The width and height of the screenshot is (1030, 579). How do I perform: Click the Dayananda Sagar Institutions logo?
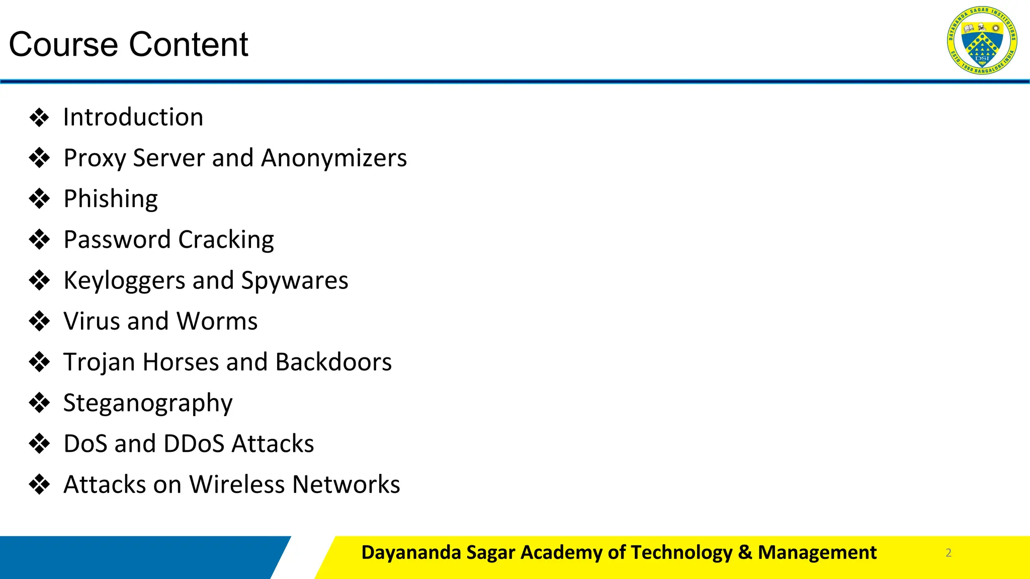tap(982, 40)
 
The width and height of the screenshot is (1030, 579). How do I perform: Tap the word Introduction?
tap(133, 117)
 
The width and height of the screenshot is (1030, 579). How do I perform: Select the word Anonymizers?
tap(334, 158)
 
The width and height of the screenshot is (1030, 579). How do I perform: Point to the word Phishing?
tap(111, 199)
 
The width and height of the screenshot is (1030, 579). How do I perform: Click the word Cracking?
tap(226, 240)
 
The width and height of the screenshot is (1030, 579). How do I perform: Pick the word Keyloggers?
tap(124, 280)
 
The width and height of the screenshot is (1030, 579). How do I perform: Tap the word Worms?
tap(217, 321)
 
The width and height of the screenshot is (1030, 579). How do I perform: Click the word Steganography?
tap(148, 403)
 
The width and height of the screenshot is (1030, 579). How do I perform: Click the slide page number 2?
tap(949, 553)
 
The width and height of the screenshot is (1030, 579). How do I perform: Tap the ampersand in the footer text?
tap(745, 552)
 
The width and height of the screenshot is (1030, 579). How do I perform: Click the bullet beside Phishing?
tap(39, 199)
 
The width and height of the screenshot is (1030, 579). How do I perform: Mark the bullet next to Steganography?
tap(39, 403)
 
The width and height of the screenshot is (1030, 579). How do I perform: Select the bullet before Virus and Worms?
tap(39, 321)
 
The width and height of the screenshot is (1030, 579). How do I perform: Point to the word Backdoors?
tap(333, 362)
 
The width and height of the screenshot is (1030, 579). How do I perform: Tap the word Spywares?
tap(295, 280)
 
